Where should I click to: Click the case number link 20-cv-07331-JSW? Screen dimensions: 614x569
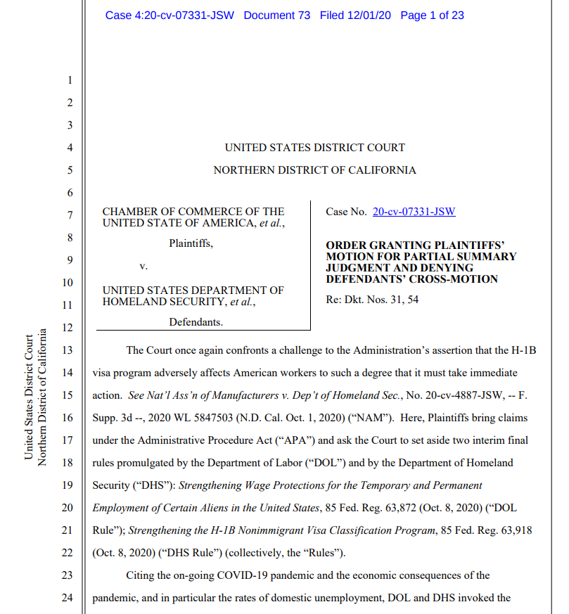pos(414,211)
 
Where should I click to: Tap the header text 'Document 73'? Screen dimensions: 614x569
pos(276,15)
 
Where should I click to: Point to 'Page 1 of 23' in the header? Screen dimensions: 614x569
pos(432,15)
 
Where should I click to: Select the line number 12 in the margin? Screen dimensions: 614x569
pos(68,327)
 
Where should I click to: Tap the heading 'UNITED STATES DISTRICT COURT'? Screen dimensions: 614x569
pos(314,148)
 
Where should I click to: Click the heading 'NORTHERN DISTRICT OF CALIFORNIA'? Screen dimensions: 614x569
pos(314,170)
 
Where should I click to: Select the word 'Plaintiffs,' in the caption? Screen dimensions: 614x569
pos(191,244)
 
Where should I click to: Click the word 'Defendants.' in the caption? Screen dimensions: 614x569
pos(196,322)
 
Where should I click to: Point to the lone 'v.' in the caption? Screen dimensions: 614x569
pos(143,267)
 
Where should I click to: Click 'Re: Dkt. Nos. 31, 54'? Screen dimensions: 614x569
pos(371,300)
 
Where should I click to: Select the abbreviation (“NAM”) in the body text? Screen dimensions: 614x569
pos(370,418)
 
